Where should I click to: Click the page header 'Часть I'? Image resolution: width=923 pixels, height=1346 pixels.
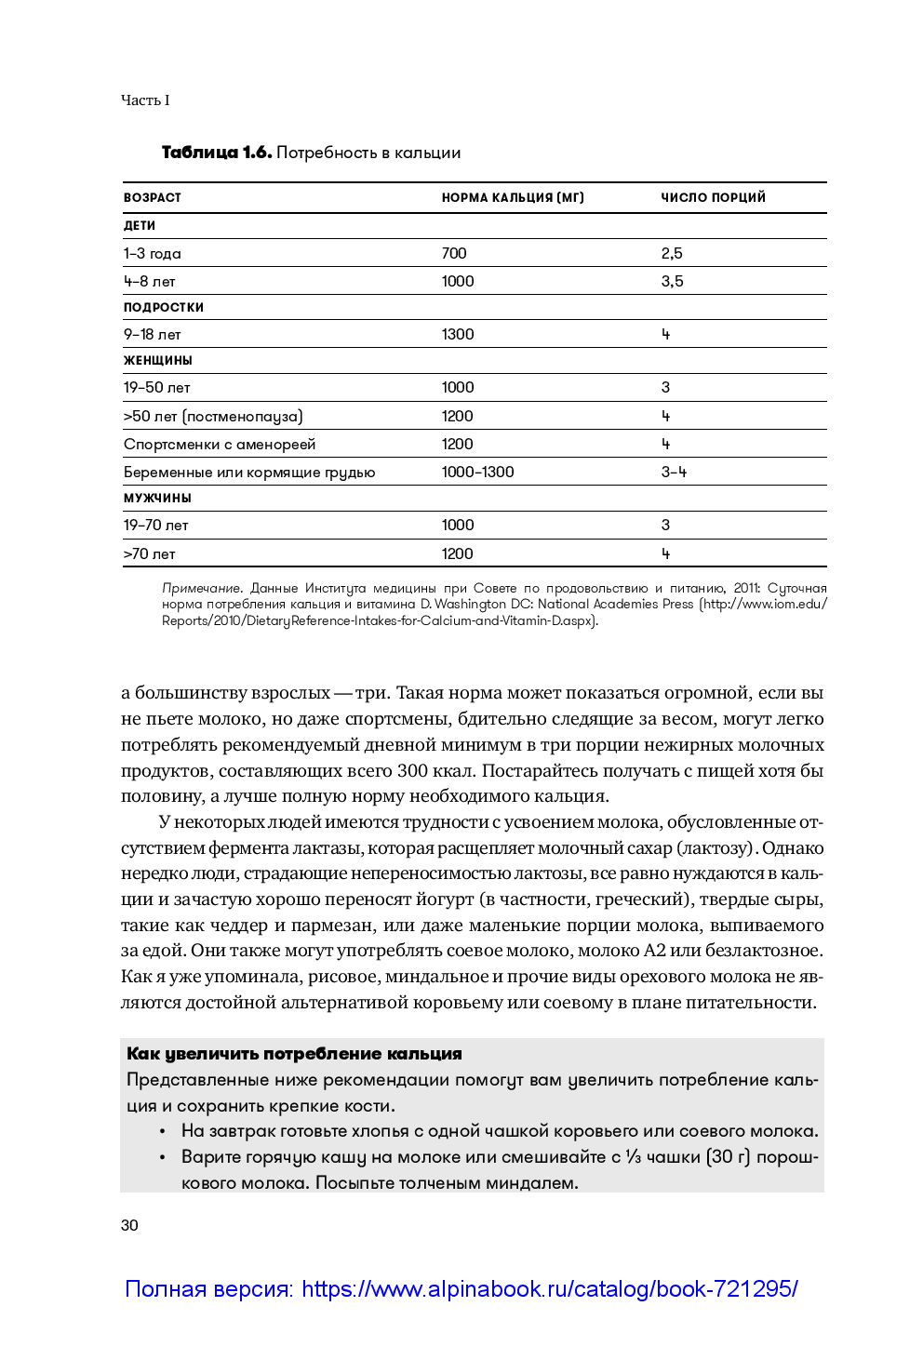[145, 100]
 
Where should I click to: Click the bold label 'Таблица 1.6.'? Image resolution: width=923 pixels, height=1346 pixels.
[216, 153]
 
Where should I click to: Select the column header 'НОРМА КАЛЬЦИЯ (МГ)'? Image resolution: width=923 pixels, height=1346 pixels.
[513, 197]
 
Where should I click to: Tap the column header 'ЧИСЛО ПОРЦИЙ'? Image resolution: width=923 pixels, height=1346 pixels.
[713, 197]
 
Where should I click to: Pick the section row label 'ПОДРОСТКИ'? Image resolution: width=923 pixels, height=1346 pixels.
[164, 307]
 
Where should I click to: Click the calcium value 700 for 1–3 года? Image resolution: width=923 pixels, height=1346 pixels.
[454, 253]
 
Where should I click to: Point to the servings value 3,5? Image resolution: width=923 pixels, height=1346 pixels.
[672, 281]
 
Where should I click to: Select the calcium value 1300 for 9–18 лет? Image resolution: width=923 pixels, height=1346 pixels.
[458, 334]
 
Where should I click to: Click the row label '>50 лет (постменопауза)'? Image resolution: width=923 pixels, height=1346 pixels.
[213, 416]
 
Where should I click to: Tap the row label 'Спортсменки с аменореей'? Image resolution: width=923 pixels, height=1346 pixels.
[220, 444]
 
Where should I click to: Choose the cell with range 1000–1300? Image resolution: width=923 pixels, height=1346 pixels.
[477, 472]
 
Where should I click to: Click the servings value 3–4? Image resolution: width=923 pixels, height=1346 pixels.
[674, 472]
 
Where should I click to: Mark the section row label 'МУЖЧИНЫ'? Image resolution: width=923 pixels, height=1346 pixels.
[157, 498]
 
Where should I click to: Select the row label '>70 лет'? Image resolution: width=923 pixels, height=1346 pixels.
[149, 553]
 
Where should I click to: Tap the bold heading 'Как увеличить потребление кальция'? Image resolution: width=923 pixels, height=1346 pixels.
[294, 1054]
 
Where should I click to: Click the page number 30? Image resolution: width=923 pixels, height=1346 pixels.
[129, 1225]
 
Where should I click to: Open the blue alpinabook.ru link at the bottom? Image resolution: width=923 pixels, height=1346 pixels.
[461, 1289]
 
